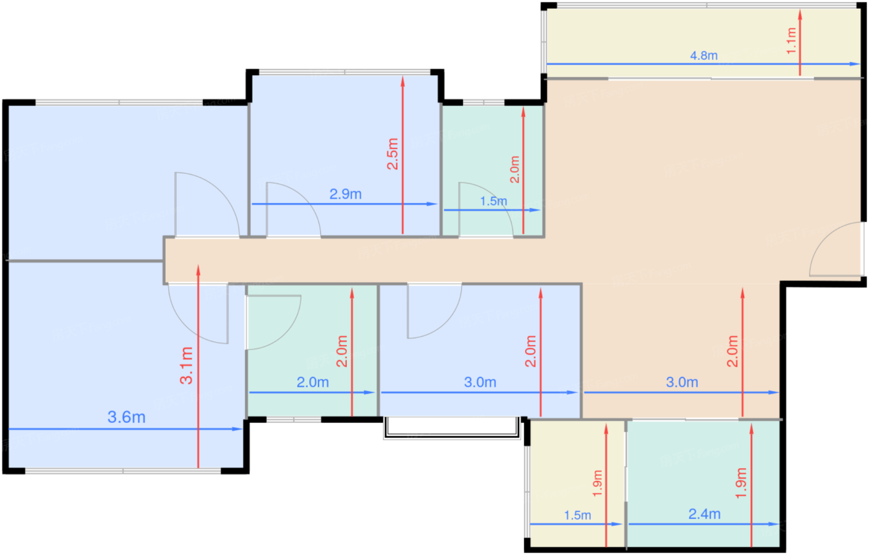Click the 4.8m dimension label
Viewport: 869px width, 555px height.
(703, 55)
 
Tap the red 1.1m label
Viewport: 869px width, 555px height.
(791, 41)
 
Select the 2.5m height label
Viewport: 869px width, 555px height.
(392, 154)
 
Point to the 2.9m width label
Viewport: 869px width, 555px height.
(345, 194)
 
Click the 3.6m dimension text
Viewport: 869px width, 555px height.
(127, 417)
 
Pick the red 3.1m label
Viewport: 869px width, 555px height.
(186, 365)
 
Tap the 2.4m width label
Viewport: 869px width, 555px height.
(704, 514)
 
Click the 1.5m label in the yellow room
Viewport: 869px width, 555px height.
(577, 515)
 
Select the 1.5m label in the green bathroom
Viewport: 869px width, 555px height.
(493, 201)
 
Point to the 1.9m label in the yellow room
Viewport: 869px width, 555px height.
(597, 483)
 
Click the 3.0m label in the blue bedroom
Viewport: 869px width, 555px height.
(480, 382)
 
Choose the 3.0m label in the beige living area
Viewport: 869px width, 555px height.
(682, 382)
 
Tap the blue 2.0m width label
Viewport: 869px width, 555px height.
(313, 382)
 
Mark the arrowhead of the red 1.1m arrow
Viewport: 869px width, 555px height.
(800, 15)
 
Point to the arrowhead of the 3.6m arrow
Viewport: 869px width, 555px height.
(237, 429)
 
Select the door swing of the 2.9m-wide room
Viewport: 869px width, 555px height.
(294, 209)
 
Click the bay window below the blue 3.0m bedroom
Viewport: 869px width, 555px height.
(452, 428)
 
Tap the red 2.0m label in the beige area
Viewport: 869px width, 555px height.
(732, 351)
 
